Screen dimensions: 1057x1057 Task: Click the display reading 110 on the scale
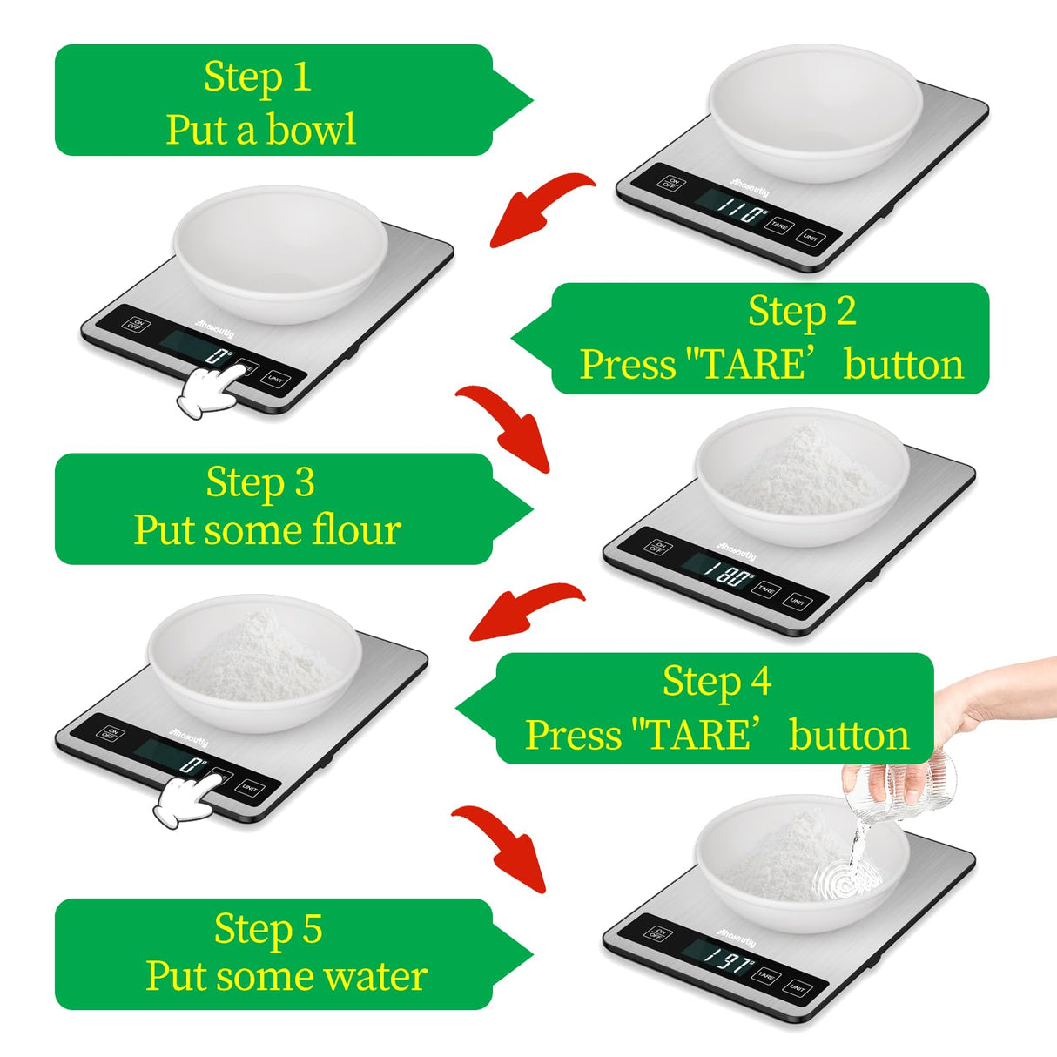tap(739, 209)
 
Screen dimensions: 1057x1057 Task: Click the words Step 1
tap(258, 77)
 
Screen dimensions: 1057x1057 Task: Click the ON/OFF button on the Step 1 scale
tap(670, 183)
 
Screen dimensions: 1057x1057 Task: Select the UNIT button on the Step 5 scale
tap(796, 988)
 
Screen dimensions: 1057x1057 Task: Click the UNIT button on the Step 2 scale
tap(274, 380)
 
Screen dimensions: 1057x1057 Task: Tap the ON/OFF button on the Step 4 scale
tap(110, 732)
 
